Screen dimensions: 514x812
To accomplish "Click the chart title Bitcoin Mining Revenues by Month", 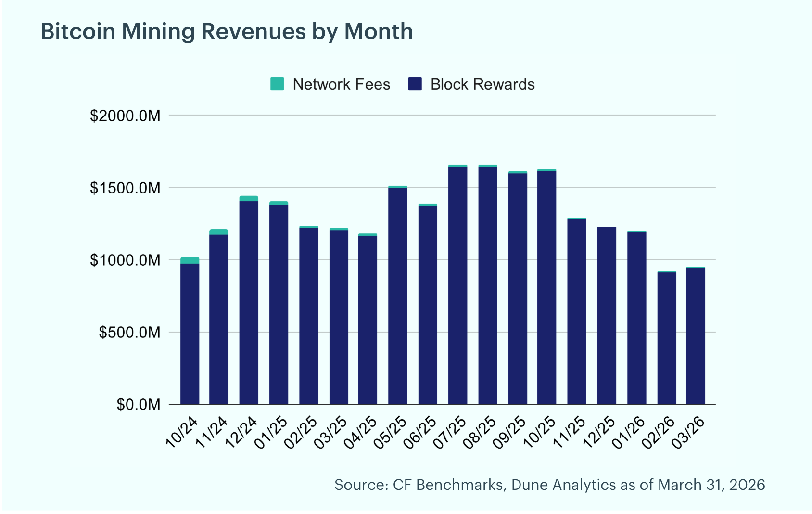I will tap(227, 32).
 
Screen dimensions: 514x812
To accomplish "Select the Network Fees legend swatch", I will tap(277, 84).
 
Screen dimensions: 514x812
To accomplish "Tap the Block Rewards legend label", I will tap(482, 84).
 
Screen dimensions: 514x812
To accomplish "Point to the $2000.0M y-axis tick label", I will tap(125, 116).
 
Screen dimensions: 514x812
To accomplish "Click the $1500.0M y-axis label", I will tap(125, 188).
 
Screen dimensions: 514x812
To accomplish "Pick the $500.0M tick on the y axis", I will tap(129, 333).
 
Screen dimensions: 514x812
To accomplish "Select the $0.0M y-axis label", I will tap(138, 405).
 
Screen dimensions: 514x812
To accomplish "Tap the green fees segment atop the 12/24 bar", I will tap(249, 198).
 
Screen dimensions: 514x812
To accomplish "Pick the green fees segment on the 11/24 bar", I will tap(219, 232).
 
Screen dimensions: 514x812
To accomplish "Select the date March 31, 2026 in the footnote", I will tap(711, 485).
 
